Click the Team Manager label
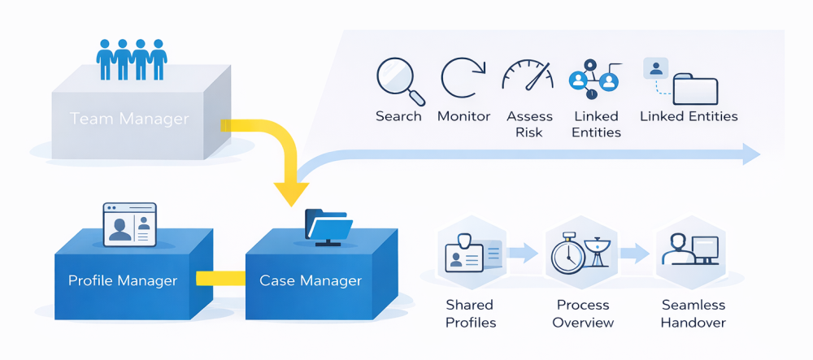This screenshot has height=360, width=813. click(129, 119)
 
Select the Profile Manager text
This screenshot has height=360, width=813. click(123, 281)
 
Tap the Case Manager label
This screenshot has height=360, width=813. click(311, 281)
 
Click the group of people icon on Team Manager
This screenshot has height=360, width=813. click(132, 59)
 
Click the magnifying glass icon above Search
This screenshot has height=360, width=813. click(400, 82)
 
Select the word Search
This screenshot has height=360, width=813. click(398, 116)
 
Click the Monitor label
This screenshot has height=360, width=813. click(463, 116)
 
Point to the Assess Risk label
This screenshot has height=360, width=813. click(529, 124)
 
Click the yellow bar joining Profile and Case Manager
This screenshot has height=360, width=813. click(222, 279)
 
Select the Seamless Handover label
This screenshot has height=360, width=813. click(693, 314)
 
